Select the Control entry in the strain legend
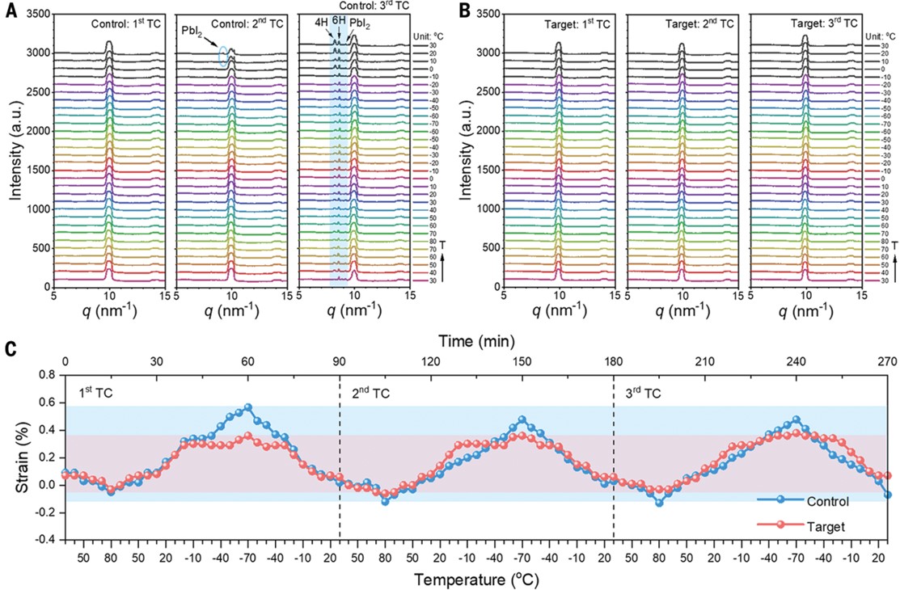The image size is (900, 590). coord(832,501)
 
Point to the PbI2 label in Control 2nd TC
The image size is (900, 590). coord(192,30)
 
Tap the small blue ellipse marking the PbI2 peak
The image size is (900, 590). coord(223,55)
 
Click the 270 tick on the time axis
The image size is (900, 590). coord(887,361)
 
